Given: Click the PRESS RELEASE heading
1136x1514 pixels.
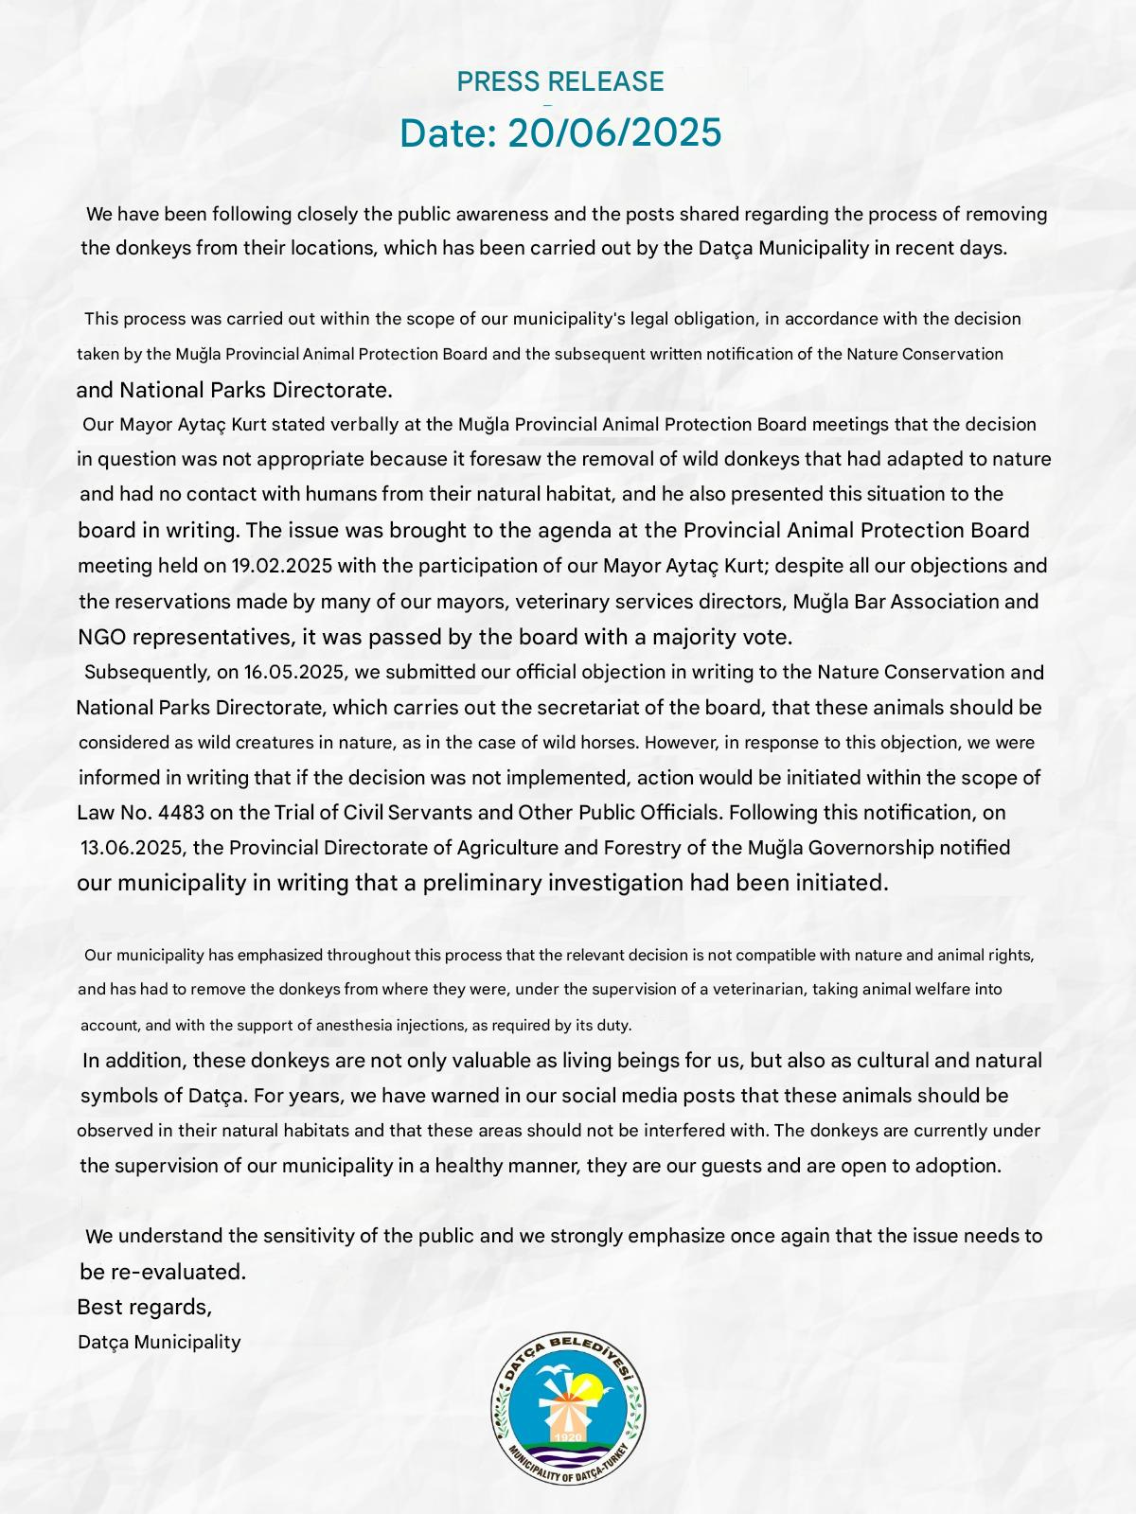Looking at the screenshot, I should coord(559,82).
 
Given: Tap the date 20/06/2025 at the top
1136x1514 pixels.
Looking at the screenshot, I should coord(614,133).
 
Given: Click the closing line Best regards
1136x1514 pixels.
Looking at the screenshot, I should coord(144,1308).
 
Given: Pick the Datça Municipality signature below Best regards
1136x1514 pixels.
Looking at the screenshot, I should coord(159,1343).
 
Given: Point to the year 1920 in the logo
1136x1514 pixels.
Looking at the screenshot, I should coord(569,1438).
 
